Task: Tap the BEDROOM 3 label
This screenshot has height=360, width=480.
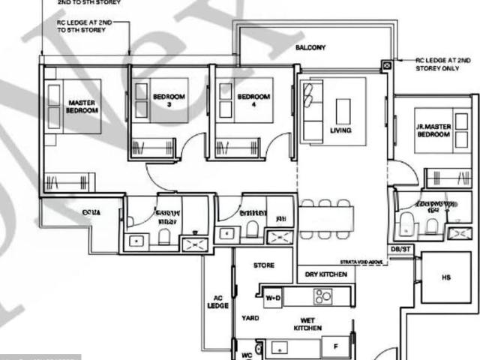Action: click(169, 100)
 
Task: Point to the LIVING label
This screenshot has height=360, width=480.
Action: click(340, 130)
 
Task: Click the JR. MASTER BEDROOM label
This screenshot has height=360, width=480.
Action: click(433, 130)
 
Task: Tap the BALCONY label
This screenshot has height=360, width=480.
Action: click(310, 48)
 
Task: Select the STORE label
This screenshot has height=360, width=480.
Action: click(264, 265)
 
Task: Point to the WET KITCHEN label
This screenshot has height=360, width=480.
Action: click(307, 324)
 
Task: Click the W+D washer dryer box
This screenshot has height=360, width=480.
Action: click(274, 298)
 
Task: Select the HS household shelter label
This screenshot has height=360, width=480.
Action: click(446, 277)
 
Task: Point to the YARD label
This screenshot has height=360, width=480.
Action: click(250, 318)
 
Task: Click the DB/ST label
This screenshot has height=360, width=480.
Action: click(400, 248)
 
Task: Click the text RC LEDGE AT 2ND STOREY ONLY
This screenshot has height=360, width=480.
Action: click(446, 63)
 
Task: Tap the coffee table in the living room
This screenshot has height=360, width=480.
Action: click(344, 111)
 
